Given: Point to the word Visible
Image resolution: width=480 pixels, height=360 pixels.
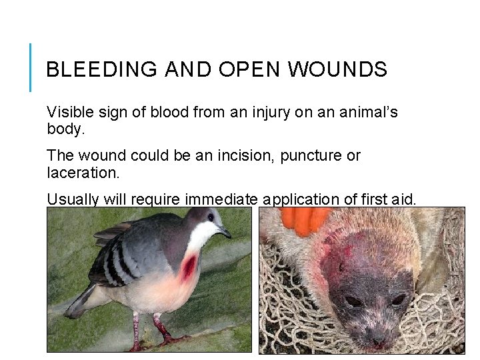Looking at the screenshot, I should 67,112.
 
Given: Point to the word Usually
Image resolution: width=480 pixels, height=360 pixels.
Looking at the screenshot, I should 71,199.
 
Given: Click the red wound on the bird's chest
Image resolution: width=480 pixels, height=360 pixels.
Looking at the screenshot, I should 189,267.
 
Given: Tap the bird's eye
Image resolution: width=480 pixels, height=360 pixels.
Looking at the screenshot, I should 210,218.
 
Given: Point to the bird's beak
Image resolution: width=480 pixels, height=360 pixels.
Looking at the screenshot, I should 225,233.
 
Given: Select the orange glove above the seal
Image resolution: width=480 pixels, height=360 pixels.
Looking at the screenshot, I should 305,220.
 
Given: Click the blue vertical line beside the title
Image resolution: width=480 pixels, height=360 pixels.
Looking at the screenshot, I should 31,67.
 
